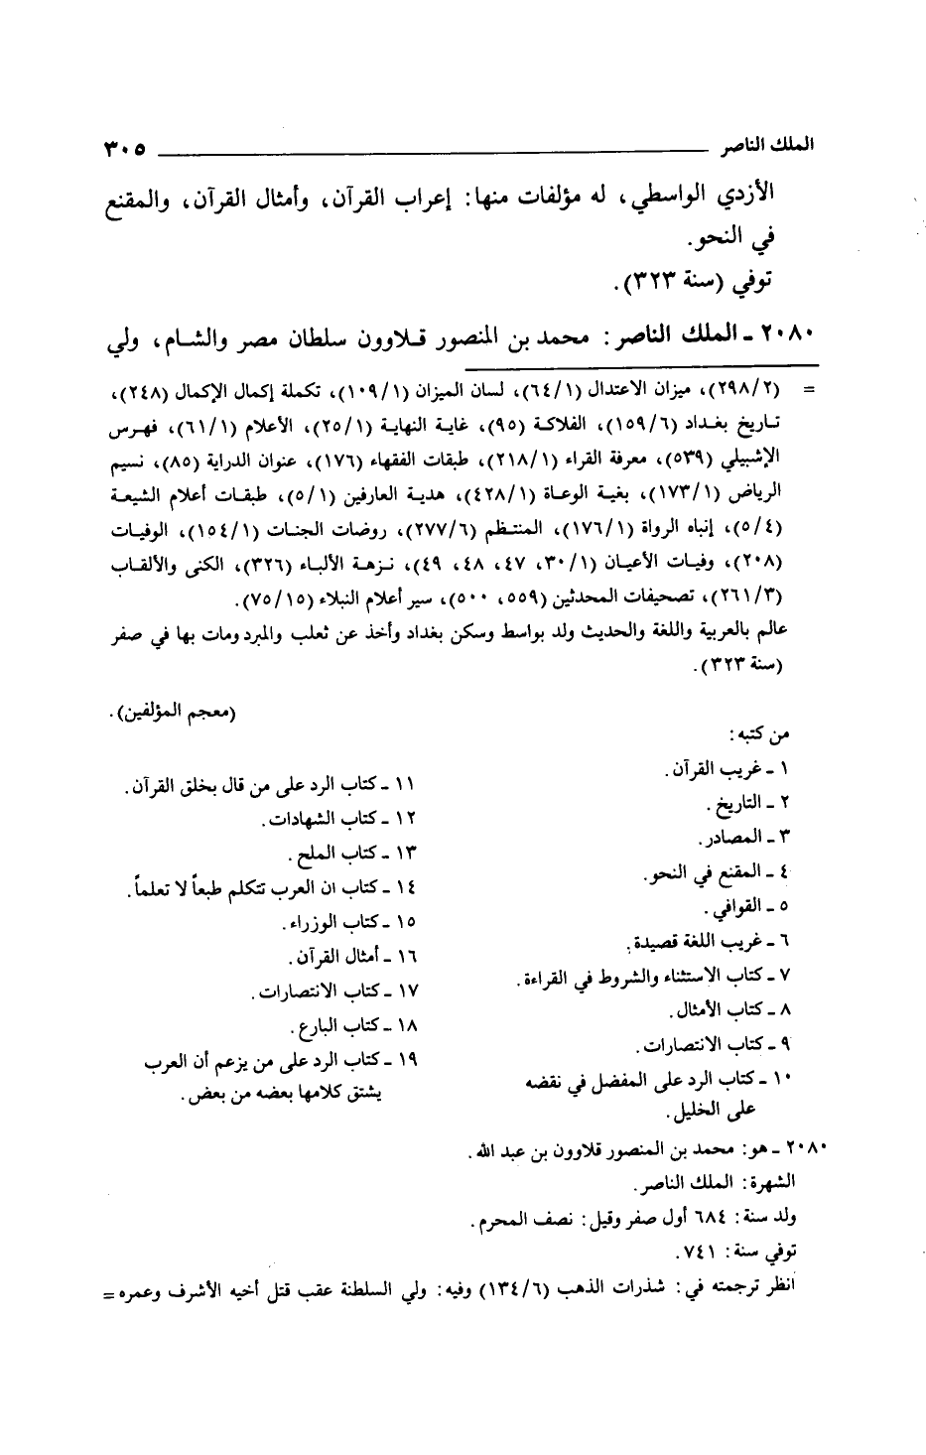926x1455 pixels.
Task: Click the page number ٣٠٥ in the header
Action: [121, 153]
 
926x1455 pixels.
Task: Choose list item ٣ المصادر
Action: [754, 836]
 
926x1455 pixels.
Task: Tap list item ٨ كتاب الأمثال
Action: [731, 1010]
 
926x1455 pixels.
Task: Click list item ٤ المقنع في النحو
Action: [722, 873]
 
